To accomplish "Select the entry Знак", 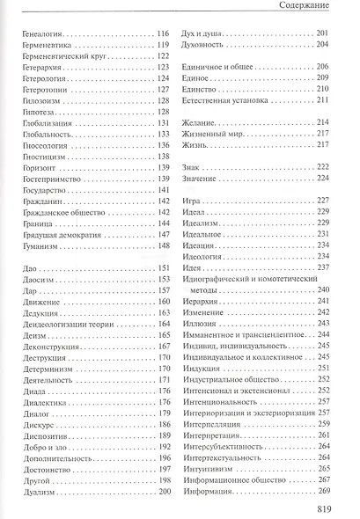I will [191, 190].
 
